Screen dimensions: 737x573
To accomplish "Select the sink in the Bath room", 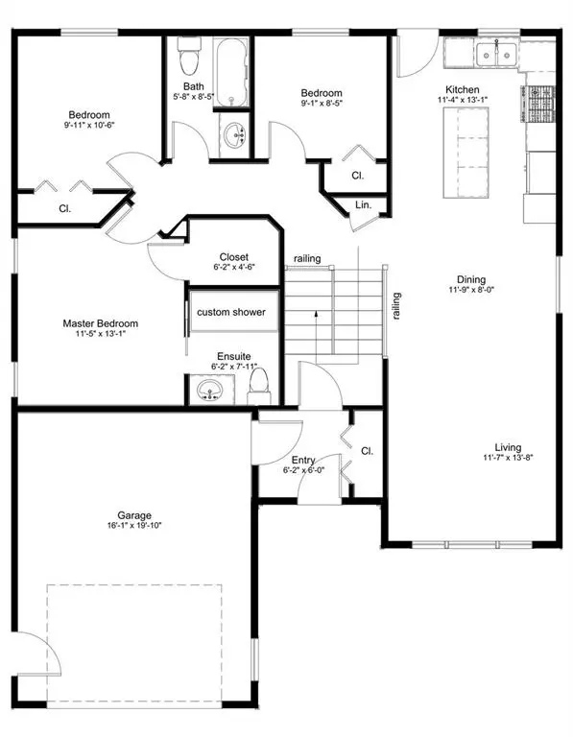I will click(x=234, y=137).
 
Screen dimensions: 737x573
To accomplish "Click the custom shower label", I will click(x=231, y=313).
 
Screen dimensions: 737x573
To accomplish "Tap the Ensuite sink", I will click(x=208, y=392).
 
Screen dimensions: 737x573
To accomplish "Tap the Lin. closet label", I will click(x=363, y=205).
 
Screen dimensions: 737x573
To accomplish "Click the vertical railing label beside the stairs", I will click(x=395, y=305).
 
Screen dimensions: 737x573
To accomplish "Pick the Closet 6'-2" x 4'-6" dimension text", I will click(x=233, y=269).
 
